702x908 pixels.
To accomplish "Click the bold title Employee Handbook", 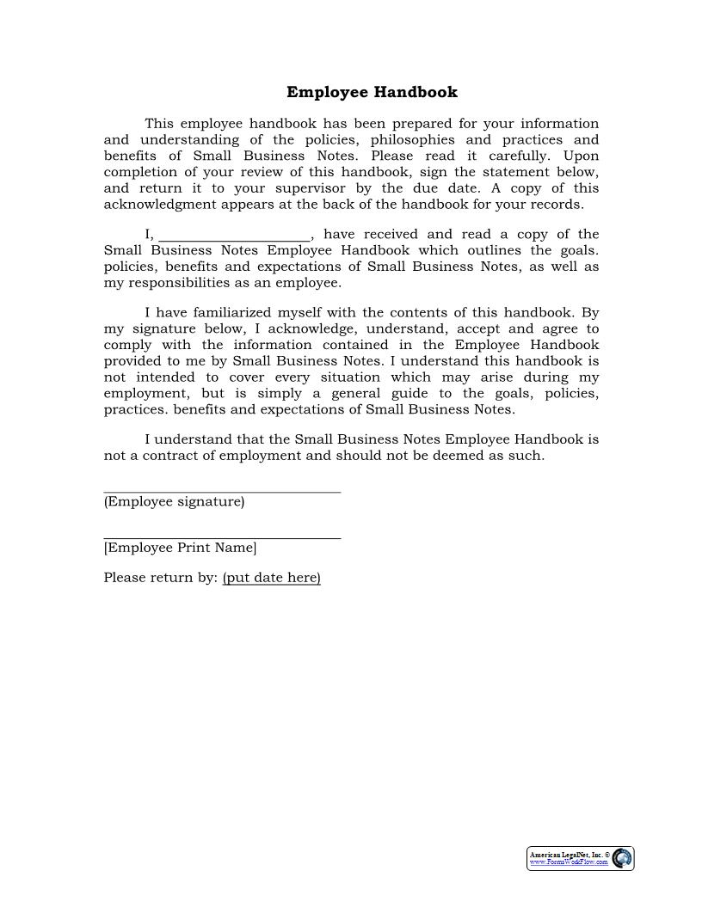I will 372,92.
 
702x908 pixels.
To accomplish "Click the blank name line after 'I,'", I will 235,236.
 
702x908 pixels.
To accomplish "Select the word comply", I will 127,345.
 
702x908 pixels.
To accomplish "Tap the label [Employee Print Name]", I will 180,548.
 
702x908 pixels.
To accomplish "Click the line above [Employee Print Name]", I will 222,538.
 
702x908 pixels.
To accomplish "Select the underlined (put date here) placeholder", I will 271,578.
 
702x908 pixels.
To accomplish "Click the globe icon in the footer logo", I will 622,858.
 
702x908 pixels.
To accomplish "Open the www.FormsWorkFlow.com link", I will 569,862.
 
